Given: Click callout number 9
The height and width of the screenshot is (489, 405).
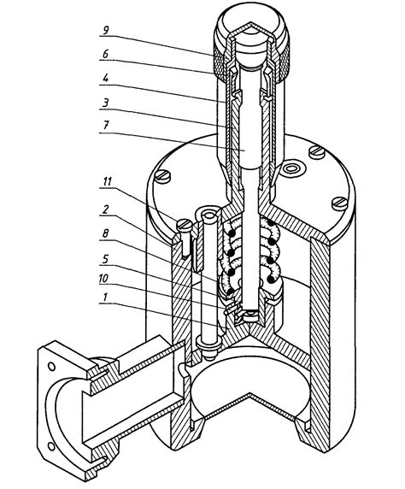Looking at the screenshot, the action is click(x=106, y=30).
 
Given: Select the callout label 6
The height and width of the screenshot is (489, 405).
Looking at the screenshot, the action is click(x=106, y=54).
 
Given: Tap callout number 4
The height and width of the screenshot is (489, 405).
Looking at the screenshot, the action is click(x=106, y=78).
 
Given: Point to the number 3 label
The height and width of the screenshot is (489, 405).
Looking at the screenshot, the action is click(x=106, y=102).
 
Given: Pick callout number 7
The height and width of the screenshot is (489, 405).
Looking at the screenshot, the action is click(x=106, y=126).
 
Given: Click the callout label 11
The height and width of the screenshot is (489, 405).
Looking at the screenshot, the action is click(x=108, y=181).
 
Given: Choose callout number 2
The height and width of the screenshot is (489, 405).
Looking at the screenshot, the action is click(x=106, y=209).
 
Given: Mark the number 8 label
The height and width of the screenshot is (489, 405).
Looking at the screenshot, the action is click(x=106, y=233).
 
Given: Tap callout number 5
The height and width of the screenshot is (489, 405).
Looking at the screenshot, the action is click(x=106, y=258).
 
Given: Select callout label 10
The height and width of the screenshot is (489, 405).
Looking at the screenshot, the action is click(x=103, y=279).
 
